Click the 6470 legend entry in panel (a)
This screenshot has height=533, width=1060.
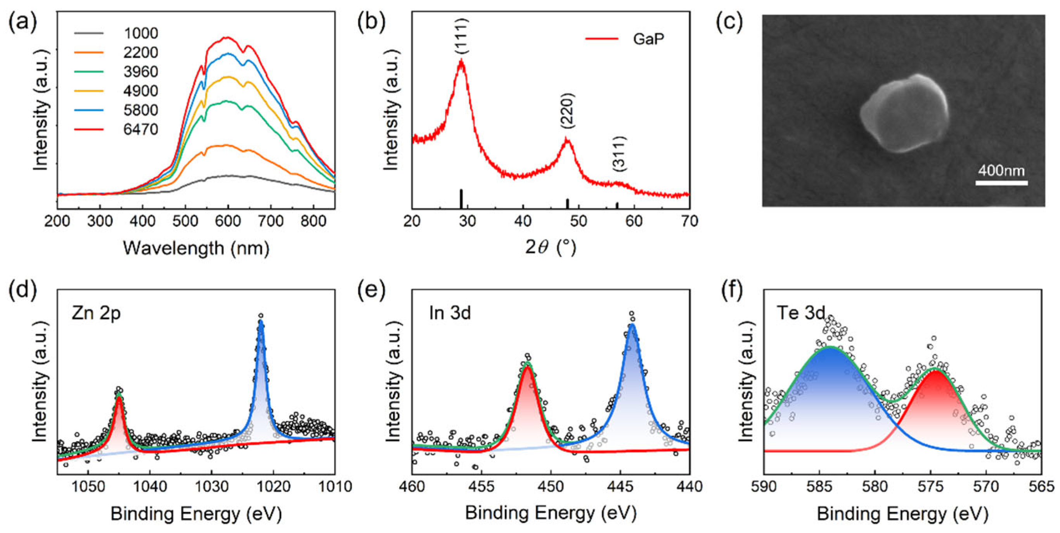[x=141, y=129]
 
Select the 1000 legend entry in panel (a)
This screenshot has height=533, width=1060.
[x=141, y=33]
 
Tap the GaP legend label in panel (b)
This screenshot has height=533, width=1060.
[x=648, y=39]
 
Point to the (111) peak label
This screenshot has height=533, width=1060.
[x=462, y=36]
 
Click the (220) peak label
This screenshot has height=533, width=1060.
[x=568, y=111]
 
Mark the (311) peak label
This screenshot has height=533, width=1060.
[x=619, y=153]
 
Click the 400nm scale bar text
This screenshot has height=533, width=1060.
[x=1001, y=171]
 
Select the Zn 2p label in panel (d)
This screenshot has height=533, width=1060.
[x=96, y=314]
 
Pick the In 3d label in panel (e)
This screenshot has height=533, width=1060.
[x=449, y=314]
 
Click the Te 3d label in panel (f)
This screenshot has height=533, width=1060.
[x=800, y=314]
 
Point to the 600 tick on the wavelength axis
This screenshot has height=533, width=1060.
[x=228, y=221]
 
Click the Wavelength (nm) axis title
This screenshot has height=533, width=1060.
[x=196, y=248]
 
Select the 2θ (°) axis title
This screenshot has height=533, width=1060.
[x=551, y=247]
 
